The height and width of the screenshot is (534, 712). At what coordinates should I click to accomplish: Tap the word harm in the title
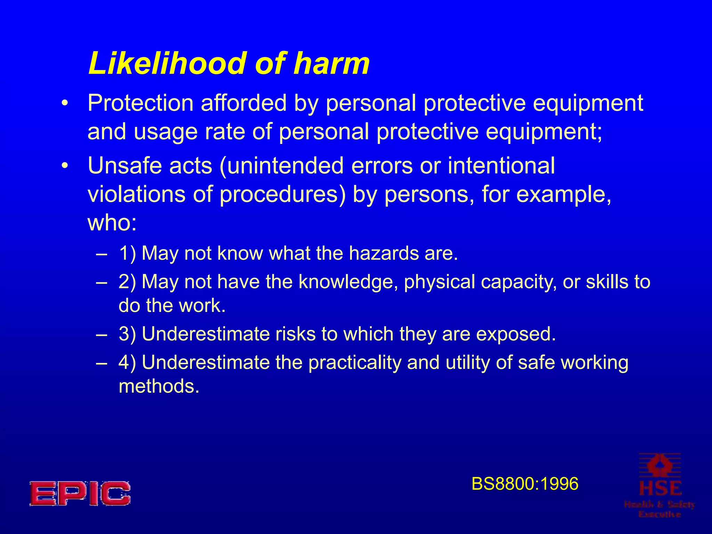[331, 63]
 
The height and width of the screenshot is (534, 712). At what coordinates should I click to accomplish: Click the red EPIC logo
[80, 493]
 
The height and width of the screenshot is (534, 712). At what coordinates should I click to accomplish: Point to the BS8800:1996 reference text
[525, 484]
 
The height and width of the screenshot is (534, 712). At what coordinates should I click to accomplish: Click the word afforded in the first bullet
[243, 103]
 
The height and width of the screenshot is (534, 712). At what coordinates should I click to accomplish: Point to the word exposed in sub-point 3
[516, 334]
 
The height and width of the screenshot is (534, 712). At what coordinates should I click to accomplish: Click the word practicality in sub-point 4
[355, 363]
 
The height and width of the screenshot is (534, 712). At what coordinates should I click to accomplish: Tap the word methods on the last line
[159, 386]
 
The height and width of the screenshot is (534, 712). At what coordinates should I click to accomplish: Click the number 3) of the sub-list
[127, 334]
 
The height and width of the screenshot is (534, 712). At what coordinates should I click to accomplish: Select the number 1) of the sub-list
[127, 253]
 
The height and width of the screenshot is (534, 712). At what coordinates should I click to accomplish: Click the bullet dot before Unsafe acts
[64, 166]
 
